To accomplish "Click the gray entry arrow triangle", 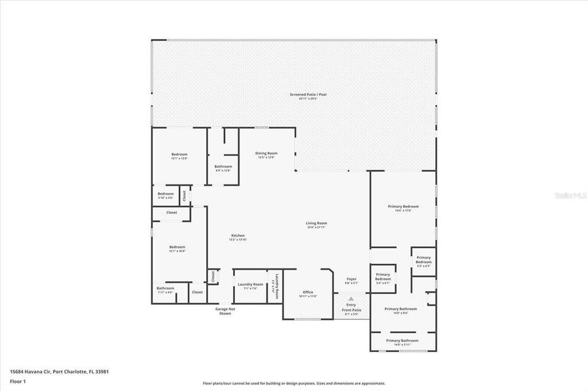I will click(x=350, y=298).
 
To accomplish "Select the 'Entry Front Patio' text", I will click(x=351, y=308).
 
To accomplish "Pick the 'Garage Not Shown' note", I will click(x=225, y=311).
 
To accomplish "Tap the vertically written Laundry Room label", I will click(x=276, y=285).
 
